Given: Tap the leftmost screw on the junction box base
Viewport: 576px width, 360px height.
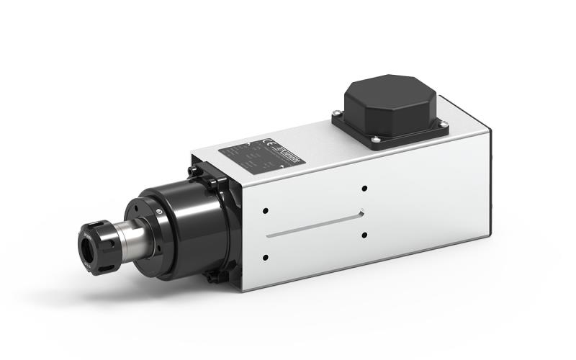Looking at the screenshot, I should click(336, 112).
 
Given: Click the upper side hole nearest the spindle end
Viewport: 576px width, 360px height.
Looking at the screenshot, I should click(266, 212).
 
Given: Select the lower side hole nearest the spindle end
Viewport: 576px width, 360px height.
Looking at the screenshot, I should click(266, 257).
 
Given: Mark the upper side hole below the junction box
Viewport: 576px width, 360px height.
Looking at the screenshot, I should click(364, 189).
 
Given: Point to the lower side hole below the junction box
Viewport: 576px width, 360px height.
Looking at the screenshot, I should click(364, 235).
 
